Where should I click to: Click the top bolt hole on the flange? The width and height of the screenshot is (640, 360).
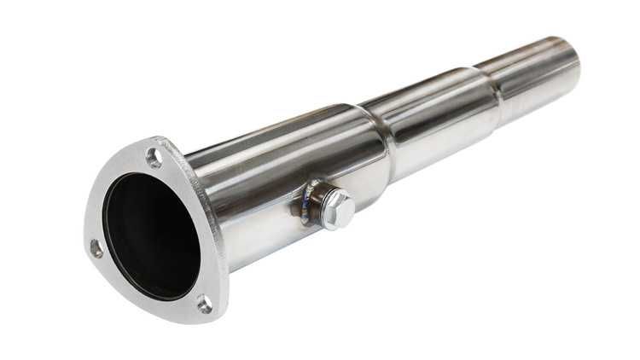tap(153, 158)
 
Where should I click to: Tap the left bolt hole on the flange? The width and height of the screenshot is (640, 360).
tap(96, 249)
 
